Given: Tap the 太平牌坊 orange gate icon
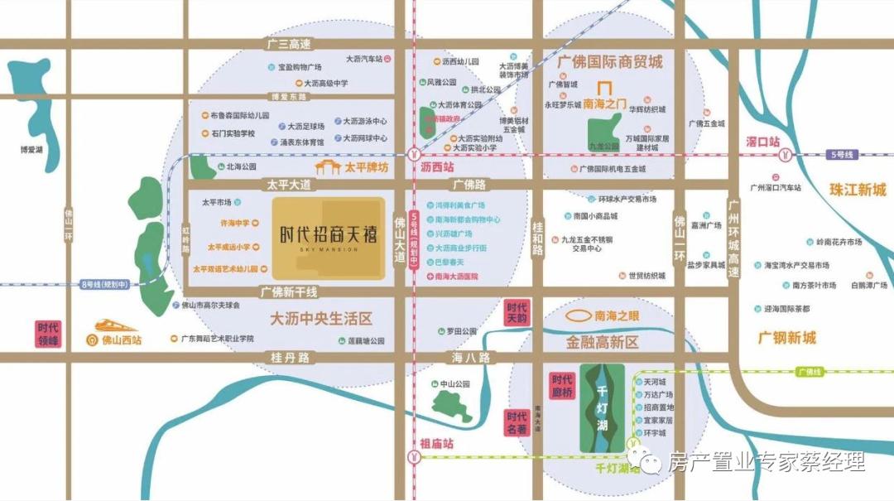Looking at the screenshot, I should click(330, 168).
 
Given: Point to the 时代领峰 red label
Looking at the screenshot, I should click(48, 333).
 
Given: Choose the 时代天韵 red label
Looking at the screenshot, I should click(517, 313).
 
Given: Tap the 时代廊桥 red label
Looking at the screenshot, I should click(562, 386).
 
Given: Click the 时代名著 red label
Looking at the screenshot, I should click(517, 423).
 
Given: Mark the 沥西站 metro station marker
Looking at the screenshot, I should click(413, 154).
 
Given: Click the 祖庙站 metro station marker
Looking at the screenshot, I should click(413, 456).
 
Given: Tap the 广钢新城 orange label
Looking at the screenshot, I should click(786, 338).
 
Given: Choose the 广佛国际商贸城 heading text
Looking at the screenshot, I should click(610, 62).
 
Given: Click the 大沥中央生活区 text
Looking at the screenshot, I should click(321, 318).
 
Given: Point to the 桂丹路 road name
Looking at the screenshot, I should click(290, 358).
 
